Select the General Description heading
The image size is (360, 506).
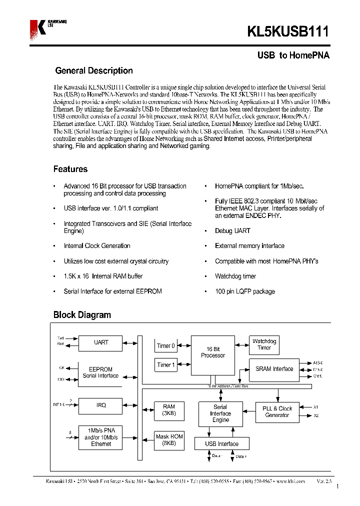tap(93, 71)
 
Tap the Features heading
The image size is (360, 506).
tap(70, 169)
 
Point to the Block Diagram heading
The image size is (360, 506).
tap(82, 315)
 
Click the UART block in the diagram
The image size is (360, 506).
tap(101, 343)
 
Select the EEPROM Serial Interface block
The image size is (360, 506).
tap(101, 372)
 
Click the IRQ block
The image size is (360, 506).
tap(101, 405)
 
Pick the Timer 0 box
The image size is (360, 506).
tap(166, 345)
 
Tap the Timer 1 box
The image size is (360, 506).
tap(166, 365)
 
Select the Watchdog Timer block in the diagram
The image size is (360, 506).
tap(264, 344)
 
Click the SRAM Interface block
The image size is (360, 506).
tap(274, 369)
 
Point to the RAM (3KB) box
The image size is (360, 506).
tap(169, 410)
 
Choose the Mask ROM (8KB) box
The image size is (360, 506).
tap(169, 440)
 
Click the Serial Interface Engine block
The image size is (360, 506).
tap(220, 413)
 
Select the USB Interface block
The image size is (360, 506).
tap(221, 444)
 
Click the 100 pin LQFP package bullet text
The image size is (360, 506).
tap(244, 291)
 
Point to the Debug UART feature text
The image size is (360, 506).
tap(232, 231)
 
